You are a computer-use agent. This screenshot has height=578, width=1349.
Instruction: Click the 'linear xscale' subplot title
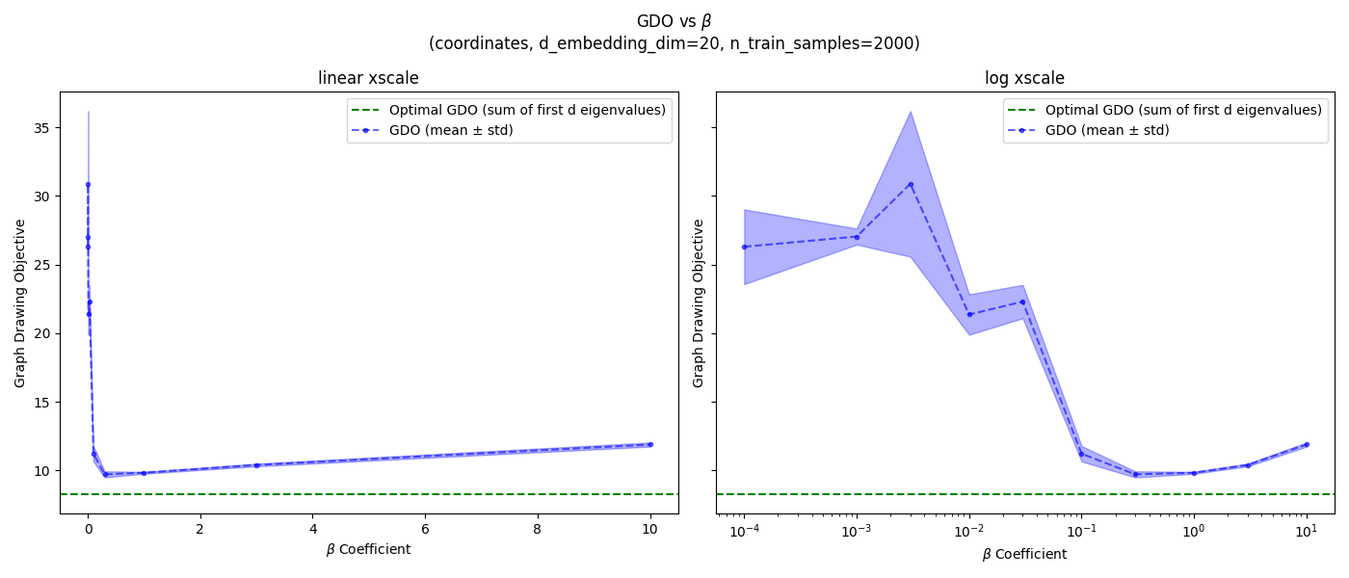[x=368, y=79]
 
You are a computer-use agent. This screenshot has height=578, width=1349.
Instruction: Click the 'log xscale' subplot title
[x=1024, y=79]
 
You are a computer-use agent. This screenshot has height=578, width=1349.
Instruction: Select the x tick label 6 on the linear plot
[x=425, y=529]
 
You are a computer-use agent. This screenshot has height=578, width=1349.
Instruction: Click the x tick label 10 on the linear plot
[x=649, y=529]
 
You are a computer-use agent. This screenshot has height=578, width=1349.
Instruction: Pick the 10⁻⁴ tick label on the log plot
[x=744, y=530]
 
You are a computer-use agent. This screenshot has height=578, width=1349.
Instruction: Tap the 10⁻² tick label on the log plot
[x=968, y=530]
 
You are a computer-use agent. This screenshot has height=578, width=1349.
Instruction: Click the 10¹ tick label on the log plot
[x=1306, y=530]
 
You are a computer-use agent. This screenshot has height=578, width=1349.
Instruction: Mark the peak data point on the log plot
[x=911, y=184]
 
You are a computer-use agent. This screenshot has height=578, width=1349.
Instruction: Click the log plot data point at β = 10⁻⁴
[x=744, y=247]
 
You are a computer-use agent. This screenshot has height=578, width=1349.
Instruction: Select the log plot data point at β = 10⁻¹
[x=1081, y=454]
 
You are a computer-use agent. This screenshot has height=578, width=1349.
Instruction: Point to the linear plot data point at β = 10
[x=649, y=444]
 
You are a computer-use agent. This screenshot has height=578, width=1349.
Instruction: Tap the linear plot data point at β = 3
[x=256, y=465]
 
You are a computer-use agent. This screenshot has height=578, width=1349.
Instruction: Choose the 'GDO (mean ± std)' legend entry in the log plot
[x=1107, y=130]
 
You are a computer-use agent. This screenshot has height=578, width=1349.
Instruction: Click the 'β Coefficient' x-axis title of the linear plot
[x=368, y=550]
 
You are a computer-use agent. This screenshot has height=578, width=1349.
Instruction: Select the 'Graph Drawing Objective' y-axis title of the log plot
[x=699, y=303]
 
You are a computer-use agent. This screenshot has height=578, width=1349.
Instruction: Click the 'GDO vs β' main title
[x=674, y=21]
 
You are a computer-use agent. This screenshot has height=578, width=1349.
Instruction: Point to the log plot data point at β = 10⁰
[x=1194, y=473]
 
